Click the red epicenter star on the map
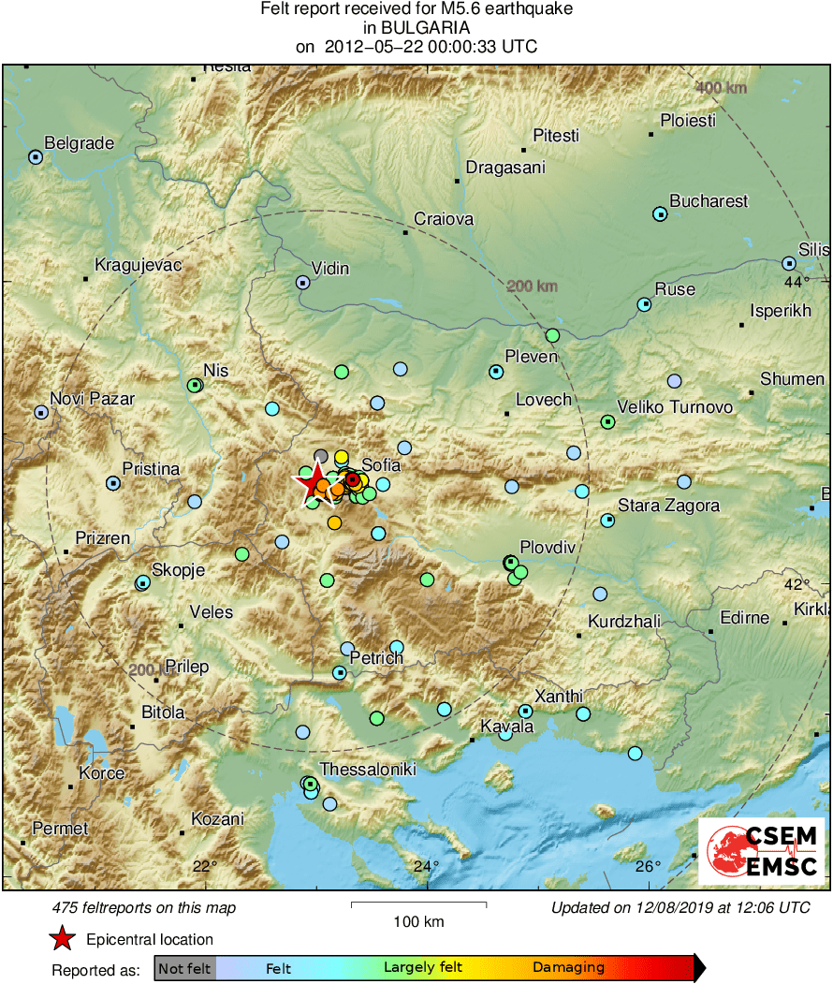coord(311,483)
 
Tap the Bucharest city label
coord(709,201)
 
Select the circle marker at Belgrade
coord(36,157)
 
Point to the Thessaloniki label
coord(368,770)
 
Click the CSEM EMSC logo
coord(762,851)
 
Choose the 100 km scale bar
coord(418,904)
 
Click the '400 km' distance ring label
coord(722,88)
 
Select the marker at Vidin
coord(303,282)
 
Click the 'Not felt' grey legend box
coord(184,968)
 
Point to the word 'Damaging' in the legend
coord(568,968)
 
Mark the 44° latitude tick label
coord(796,282)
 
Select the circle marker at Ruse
coord(644,304)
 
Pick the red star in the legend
coord(62,939)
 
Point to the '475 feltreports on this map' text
coord(144,907)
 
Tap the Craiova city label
coord(445,219)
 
